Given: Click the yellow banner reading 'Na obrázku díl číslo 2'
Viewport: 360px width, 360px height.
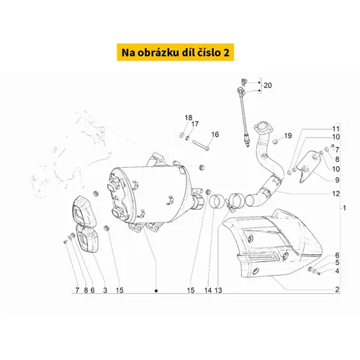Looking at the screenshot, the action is pos(176,53).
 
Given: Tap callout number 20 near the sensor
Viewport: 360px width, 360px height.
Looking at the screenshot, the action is pos(268,86).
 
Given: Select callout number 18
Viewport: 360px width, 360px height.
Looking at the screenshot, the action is pos(189,117).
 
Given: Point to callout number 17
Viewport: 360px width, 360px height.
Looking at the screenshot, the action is pos(195,124).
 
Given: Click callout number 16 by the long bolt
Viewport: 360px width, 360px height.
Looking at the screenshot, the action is pos(215,135).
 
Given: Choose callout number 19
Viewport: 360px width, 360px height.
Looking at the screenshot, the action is pos(288,136).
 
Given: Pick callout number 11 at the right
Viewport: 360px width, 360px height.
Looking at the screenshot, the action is pos(336,129).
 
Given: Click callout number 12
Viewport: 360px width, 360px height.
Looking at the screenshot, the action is pos(336,194).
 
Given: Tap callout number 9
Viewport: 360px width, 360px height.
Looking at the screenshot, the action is pos(337,180).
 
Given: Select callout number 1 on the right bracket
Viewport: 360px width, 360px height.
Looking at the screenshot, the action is pos(344,208).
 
